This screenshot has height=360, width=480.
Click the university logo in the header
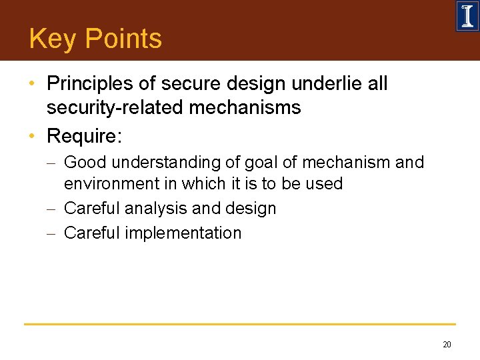coord(467,16)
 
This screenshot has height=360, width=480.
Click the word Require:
coord(84,137)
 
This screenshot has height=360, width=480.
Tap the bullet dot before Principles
coord(32,85)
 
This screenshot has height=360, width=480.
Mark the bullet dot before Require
coord(32,137)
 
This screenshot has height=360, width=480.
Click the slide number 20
coord(447,345)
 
